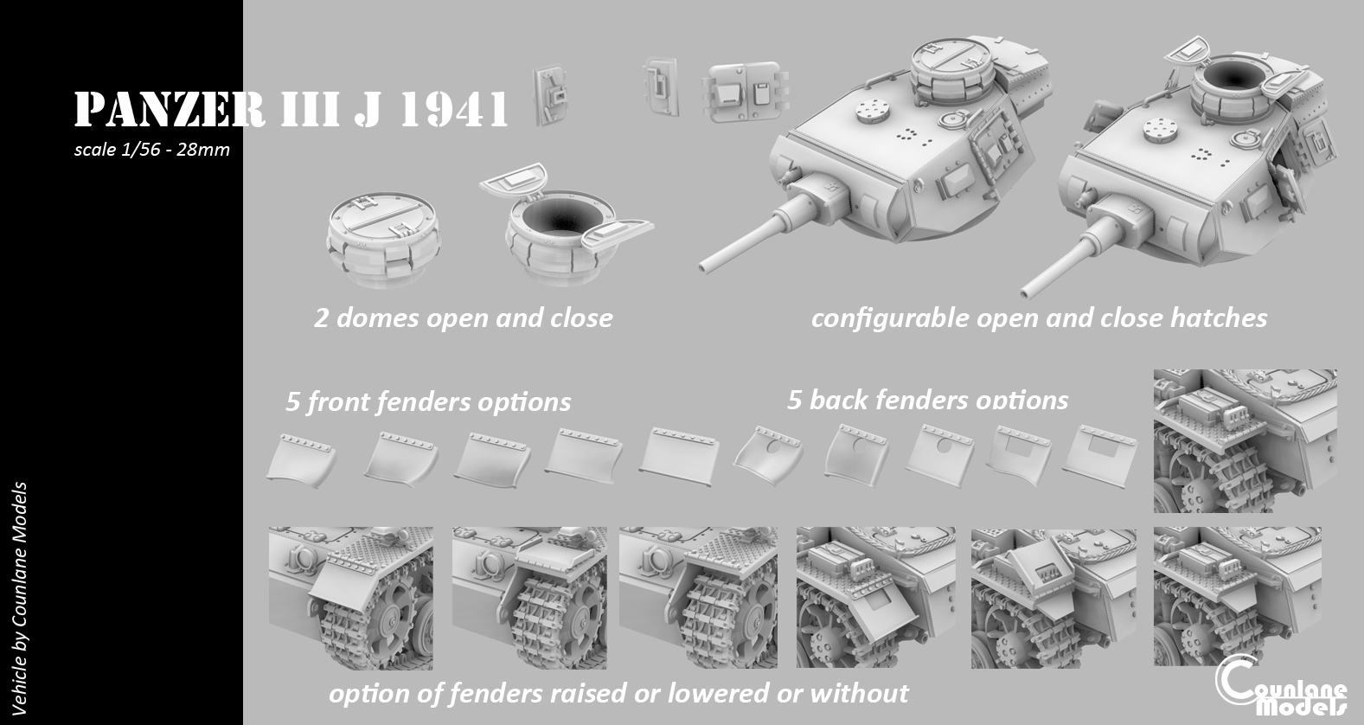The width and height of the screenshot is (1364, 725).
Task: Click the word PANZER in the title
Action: tap(170, 110)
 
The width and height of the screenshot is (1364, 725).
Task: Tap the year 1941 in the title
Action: tap(454, 110)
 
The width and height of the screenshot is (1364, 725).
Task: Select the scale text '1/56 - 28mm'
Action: tap(176, 150)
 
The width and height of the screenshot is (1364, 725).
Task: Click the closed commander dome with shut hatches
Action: tap(384, 239)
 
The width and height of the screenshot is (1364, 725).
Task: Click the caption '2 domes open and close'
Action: tap(464, 318)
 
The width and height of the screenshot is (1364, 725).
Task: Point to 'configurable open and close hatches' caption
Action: tap(1039, 318)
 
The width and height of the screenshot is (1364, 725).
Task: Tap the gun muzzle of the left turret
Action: tap(705, 267)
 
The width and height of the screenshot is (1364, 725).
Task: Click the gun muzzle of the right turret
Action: tap(1027, 293)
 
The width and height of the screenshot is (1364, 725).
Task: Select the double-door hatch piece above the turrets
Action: tap(745, 92)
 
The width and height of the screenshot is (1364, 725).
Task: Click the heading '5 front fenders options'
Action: tap(428, 401)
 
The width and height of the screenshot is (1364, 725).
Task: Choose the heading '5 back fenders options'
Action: tap(927, 400)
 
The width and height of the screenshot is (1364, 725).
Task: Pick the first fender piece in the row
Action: tap(301, 460)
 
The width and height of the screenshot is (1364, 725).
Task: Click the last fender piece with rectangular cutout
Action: tap(1099, 456)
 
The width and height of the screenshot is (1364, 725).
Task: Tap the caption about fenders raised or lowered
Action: tap(618, 693)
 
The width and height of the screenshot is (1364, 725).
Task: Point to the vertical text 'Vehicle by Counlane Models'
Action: tap(19, 599)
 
